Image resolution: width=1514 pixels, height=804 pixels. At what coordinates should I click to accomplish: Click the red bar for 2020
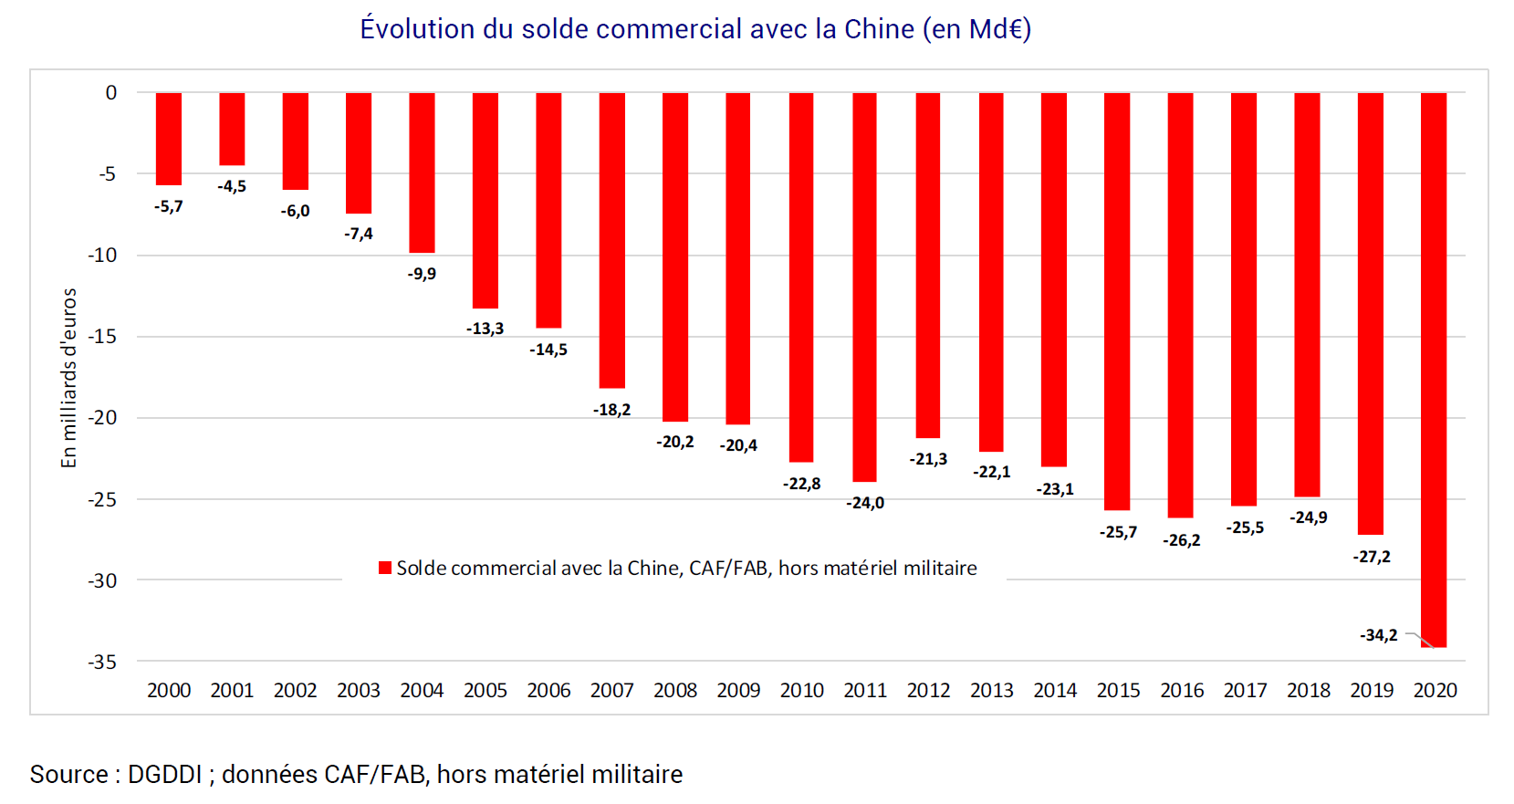point(1433,370)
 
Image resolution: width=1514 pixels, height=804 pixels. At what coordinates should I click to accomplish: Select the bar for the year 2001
point(232,129)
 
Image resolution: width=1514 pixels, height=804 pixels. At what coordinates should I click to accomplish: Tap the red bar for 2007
point(611,240)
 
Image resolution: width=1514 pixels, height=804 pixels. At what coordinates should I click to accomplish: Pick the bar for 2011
point(864,287)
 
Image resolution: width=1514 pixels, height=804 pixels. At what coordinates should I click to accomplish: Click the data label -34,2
point(1378,635)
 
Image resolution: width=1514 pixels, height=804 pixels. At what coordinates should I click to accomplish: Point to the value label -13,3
point(485,329)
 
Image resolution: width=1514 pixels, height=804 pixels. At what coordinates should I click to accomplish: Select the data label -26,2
point(1181,540)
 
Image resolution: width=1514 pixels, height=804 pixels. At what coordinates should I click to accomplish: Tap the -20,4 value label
point(738,445)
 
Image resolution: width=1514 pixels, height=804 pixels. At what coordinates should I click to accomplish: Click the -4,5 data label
point(232,186)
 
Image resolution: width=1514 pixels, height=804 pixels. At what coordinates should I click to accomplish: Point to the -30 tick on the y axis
point(103,580)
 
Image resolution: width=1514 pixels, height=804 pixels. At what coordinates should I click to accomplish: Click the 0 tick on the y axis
point(111,92)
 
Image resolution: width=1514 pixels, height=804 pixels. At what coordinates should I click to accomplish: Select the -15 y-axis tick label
point(103,336)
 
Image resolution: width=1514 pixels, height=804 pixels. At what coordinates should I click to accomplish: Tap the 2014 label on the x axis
point(1055,691)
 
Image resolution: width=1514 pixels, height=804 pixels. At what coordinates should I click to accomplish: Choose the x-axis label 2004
point(422,691)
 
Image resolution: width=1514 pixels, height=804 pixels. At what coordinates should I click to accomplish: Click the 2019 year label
point(1372,691)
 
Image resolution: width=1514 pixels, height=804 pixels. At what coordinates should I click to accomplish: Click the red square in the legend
point(385,568)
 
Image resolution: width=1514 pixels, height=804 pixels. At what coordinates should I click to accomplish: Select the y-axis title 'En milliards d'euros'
point(68,378)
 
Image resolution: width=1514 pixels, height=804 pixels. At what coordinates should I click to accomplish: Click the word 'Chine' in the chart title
point(879,29)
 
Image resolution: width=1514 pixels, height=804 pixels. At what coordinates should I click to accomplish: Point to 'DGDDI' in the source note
point(164,775)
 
